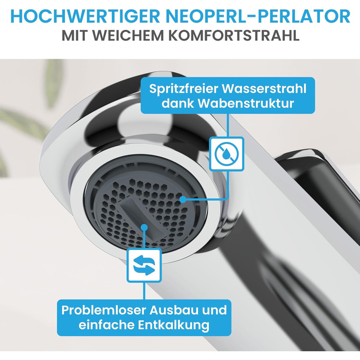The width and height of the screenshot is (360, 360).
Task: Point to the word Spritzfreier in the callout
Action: pos(183,88)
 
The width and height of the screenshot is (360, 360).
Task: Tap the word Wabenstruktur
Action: pos(246,103)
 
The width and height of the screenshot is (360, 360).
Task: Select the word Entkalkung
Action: pos(174,325)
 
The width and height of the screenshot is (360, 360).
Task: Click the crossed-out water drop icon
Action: pos(227,154)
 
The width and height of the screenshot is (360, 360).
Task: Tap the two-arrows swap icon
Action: pos(144,265)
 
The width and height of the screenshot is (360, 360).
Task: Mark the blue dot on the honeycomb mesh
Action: pos(183,200)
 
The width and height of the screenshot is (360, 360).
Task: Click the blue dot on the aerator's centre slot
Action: pos(144,227)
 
